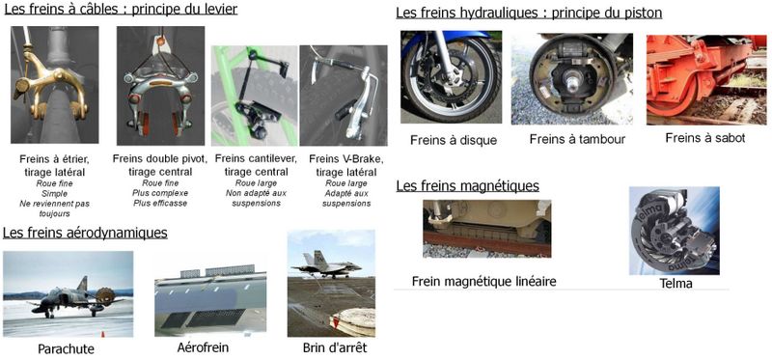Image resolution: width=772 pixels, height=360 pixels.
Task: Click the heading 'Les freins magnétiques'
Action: click(x=467, y=186)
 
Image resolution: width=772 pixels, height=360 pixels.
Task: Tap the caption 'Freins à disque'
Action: click(x=454, y=140)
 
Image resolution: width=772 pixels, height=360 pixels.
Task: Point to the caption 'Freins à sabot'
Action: click(x=705, y=138)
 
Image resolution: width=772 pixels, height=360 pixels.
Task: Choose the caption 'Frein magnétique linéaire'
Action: click(x=483, y=281)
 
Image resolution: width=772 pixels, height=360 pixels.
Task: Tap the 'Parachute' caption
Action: click(x=66, y=349)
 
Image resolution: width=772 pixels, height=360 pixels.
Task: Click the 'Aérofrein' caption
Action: click(x=203, y=347)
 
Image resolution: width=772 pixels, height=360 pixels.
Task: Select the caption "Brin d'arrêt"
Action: click(x=335, y=348)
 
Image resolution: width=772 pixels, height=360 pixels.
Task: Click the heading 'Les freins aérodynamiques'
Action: click(x=85, y=233)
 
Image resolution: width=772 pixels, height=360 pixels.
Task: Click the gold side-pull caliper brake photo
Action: click(x=55, y=85)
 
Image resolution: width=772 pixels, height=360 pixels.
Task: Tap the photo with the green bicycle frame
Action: click(x=255, y=96)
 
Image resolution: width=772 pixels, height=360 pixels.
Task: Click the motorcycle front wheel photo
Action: click(x=451, y=77)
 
